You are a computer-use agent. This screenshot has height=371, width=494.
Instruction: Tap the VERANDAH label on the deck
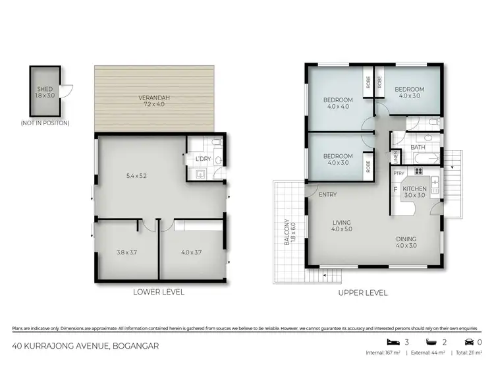click(155, 99)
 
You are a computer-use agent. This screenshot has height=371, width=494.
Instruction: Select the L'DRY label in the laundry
click(203, 159)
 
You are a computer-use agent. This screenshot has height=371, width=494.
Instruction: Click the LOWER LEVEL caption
click(159, 291)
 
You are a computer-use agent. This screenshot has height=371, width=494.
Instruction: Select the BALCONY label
click(285, 232)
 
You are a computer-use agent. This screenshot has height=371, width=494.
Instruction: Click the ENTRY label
click(327, 195)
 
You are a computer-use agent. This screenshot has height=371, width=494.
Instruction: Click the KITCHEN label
click(415, 189)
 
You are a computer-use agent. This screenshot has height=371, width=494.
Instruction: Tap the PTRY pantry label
click(398, 173)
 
